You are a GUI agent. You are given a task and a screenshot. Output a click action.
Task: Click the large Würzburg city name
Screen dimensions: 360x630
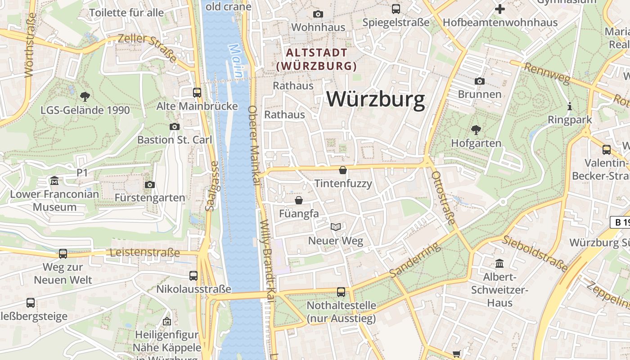376,99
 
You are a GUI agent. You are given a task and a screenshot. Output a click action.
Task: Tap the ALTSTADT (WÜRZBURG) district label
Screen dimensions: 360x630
316,59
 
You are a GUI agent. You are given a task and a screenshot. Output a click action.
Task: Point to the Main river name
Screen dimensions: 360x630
237,60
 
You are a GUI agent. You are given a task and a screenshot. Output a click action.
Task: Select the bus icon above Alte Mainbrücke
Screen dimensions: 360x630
197,93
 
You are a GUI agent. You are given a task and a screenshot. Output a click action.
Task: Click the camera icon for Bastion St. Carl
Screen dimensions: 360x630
175,126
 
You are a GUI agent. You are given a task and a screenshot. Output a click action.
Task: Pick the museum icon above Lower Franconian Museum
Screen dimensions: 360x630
54,181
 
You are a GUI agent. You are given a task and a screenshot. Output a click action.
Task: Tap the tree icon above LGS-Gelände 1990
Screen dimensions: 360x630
85,96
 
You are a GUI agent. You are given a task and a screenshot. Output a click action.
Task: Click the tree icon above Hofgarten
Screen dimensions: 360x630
476,130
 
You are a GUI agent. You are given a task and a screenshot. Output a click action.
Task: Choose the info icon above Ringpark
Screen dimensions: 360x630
570,107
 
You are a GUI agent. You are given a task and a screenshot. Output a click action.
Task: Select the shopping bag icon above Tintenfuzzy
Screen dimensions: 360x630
343,170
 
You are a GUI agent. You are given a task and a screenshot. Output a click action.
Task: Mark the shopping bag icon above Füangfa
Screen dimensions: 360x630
298,200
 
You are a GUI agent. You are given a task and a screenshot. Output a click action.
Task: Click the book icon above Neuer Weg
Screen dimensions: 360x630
336,227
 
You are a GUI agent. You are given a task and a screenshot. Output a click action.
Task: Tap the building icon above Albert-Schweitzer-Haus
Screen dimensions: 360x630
499,263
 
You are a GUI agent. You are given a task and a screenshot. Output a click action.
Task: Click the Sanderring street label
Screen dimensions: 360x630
414,261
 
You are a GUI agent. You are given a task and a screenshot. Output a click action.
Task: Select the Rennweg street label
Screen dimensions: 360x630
547,73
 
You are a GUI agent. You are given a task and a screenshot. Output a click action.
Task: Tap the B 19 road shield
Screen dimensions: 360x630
621,222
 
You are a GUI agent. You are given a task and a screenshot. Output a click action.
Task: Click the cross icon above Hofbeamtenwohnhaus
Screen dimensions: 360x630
499,9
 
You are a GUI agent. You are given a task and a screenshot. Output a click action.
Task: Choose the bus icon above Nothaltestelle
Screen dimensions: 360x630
341,292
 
